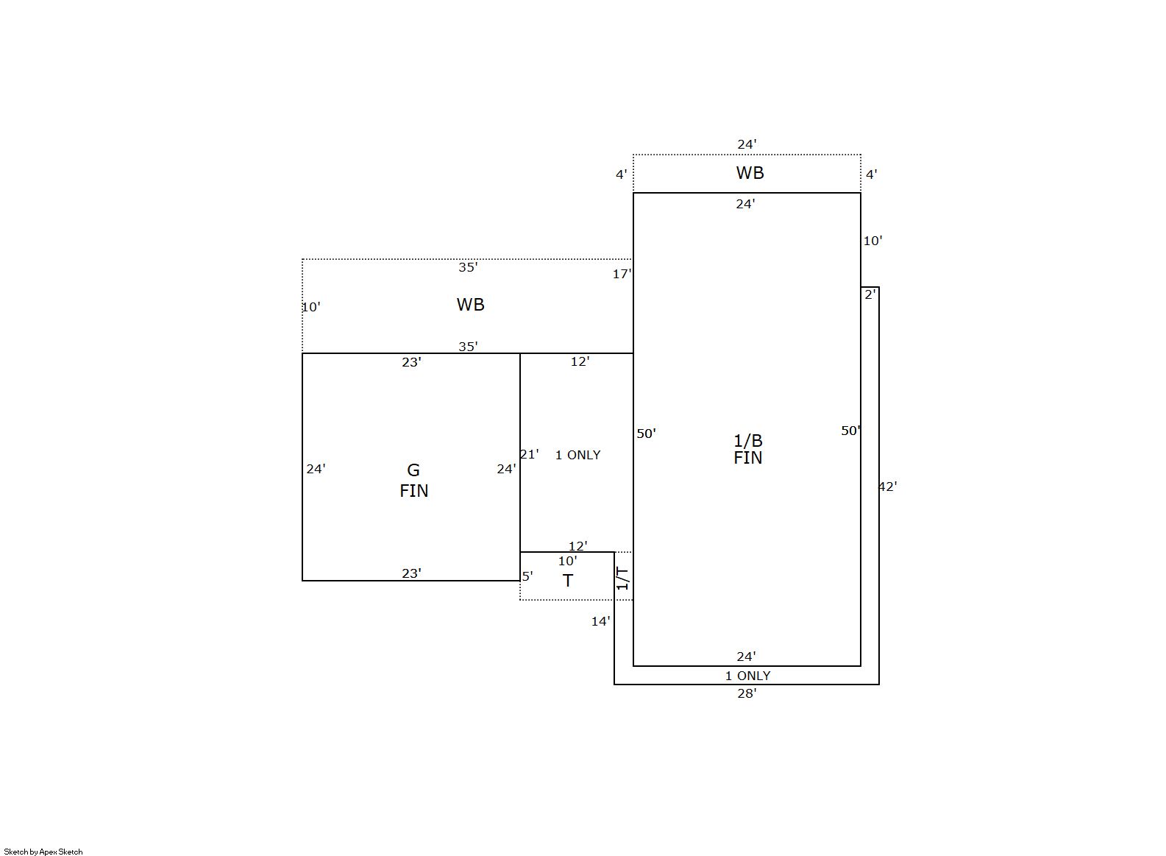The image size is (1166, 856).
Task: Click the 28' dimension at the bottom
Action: click(x=747, y=693)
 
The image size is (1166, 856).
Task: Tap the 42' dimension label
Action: click(x=888, y=487)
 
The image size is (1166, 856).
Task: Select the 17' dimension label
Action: click(x=622, y=274)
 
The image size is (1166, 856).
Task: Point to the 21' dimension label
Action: click(x=530, y=455)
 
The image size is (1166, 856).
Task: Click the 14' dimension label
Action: click(x=600, y=621)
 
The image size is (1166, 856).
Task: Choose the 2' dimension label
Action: click(x=870, y=294)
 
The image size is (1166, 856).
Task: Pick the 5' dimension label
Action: click(x=527, y=576)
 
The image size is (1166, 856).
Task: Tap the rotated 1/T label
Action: click(x=622, y=579)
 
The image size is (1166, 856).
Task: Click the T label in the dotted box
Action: click(x=568, y=581)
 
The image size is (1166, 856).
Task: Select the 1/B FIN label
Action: click(x=748, y=450)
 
